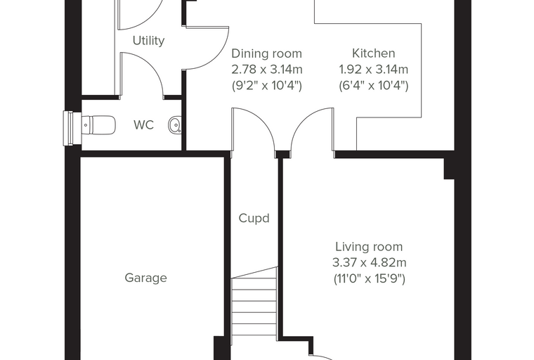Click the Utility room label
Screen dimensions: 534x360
[x=148, y=41]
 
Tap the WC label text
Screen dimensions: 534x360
[x=144, y=125]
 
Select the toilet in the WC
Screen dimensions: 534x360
[x=99, y=125]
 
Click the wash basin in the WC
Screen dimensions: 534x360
[x=175, y=124]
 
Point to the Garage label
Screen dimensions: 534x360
[x=145, y=278]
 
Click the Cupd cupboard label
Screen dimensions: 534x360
[x=254, y=218]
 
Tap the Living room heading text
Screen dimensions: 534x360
[x=369, y=247]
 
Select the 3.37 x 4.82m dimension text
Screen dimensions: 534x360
[x=369, y=262]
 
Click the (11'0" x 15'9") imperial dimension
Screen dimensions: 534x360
[x=370, y=279]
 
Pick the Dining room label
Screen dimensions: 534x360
[x=267, y=53]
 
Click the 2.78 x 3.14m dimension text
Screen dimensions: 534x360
[x=267, y=70]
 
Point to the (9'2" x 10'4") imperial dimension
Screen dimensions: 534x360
[x=267, y=86]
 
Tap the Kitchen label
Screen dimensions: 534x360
[x=374, y=53]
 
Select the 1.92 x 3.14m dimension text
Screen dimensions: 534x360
[x=374, y=70]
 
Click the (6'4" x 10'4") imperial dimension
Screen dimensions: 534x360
[x=374, y=86]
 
